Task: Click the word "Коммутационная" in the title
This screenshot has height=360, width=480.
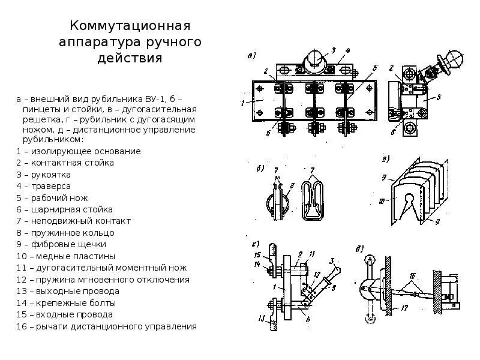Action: (130, 27)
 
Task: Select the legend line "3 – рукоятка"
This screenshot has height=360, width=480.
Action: (44, 175)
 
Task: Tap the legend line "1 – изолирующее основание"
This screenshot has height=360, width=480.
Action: (79, 151)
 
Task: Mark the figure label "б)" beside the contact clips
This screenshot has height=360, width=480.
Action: (260, 168)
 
